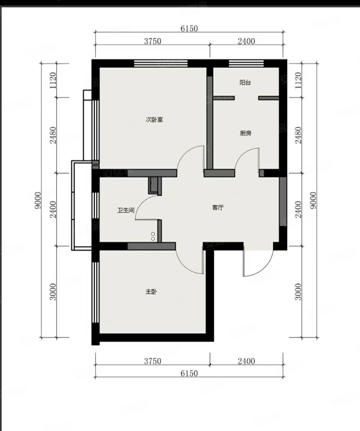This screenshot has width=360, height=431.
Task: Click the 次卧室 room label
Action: [x=154, y=120]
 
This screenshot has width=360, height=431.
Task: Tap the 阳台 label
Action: [x=245, y=83]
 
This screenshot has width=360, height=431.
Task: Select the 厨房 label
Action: [x=246, y=133]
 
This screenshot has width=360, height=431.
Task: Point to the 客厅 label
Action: [x=218, y=207]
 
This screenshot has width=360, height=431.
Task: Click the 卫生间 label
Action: [x=126, y=210]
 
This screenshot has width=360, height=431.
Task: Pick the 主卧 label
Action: [x=151, y=292]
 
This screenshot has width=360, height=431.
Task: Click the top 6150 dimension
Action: [x=189, y=28]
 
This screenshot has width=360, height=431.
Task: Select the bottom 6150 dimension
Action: [x=189, y=373]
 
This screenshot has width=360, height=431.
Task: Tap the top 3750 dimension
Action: [x=153, y=41]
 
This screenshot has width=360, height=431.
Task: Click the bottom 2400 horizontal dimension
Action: [x=246, y=361]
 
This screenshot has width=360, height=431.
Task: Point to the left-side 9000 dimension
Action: [x=38, y=200]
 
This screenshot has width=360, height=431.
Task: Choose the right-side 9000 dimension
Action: [x=313, y=200]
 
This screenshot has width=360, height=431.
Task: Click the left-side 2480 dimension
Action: [x=53, y=135]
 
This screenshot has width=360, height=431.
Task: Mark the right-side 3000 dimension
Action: [x=298, y=292]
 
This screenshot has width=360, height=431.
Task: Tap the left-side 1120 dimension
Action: [x=53, y=80]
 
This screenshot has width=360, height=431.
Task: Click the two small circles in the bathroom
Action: [x=153, y=236]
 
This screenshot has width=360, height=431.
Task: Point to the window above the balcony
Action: [x=246, y=63]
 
